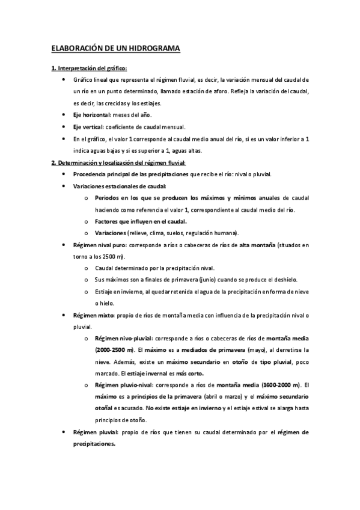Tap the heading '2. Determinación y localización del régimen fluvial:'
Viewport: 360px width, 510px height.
tap(118, 162)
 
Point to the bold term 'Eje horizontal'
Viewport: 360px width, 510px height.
tap(92, 115)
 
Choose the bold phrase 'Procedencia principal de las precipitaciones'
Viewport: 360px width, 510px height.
tap(130, 174)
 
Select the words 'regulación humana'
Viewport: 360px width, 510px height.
tap(211, 233)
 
